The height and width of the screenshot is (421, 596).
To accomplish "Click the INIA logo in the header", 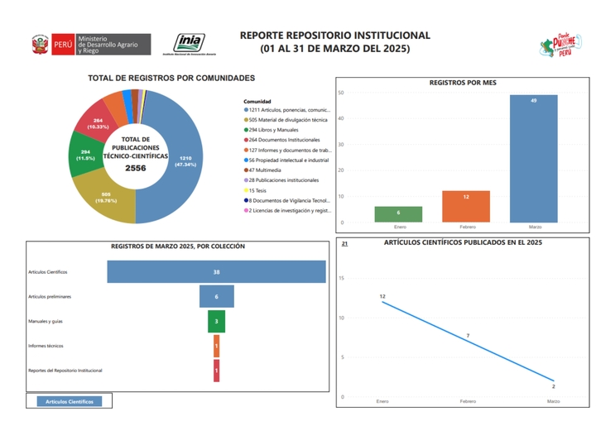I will [190, 44].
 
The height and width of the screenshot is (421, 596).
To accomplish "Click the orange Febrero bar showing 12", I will [466, 207].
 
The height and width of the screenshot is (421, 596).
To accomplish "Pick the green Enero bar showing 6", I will [398, 214].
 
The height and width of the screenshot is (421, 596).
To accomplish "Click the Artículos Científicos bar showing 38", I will [216, 271].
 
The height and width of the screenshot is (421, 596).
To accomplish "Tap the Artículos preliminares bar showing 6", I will [216, 296].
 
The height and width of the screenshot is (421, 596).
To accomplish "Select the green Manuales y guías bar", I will [216, 321].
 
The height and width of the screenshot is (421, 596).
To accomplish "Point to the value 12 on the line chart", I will [382, 296].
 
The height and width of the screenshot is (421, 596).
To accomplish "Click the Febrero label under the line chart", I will [468, 401].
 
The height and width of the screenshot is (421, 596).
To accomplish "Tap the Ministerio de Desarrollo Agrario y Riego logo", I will [90, 45].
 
